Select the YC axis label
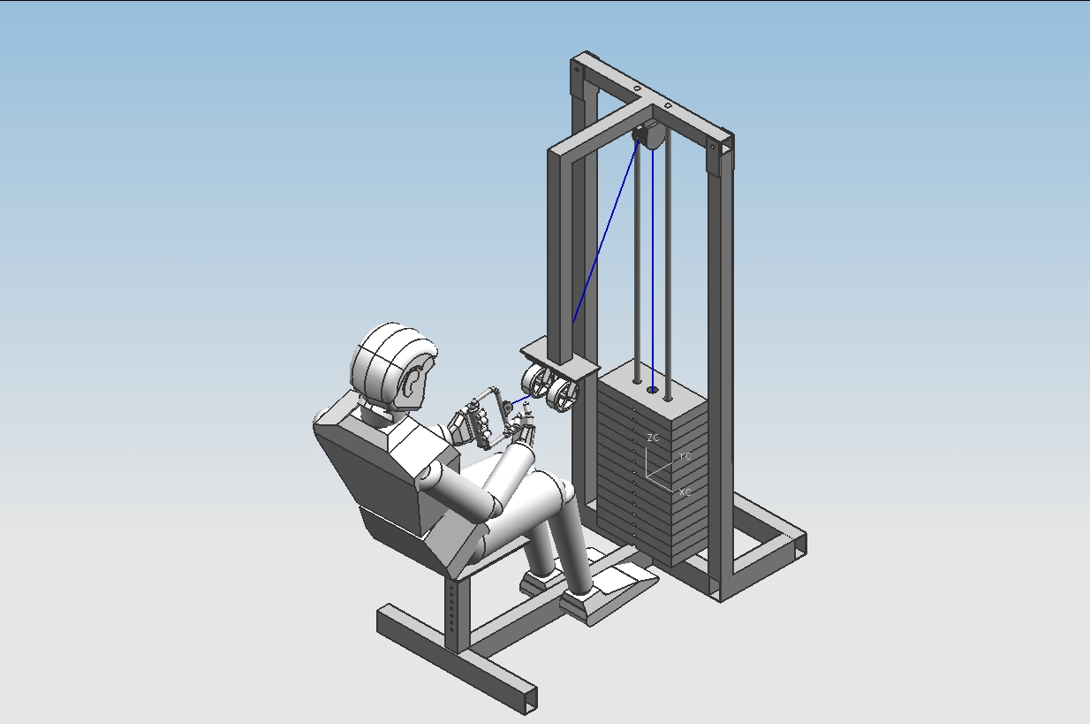(x=685, y=456)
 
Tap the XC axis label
(x=685, y=491)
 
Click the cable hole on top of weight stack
(x=653, y=390)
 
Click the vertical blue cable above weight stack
(x=653, y=265)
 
